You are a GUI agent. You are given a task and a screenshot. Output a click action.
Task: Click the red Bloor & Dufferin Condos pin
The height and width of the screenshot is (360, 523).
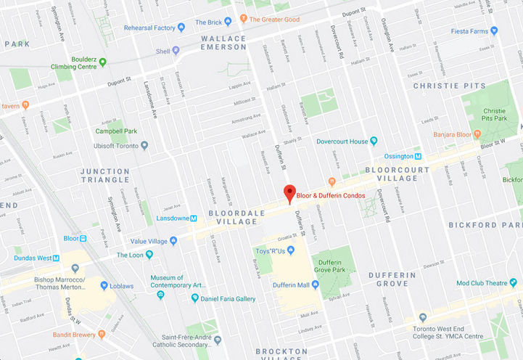[289, 193]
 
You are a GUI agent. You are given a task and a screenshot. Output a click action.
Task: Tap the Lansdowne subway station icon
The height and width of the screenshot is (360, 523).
[194, 218]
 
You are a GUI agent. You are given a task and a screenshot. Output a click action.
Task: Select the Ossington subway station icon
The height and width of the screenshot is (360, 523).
[418, 156]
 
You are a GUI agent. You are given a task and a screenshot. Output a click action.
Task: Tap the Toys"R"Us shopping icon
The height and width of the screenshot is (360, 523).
[290, 250]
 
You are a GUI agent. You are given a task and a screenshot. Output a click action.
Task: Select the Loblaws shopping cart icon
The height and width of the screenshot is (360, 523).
[104, 285]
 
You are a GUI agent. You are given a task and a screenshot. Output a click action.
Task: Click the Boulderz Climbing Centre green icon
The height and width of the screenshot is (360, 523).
[102, 62]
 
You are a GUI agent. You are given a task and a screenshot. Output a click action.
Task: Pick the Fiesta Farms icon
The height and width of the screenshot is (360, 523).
[494, 30]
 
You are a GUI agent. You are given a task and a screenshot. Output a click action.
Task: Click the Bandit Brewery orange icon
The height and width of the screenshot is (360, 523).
[47, 335]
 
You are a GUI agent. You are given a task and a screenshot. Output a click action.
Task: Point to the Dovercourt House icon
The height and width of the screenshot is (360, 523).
[374, 141]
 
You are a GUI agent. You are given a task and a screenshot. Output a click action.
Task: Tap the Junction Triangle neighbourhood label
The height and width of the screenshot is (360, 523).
[105, 175]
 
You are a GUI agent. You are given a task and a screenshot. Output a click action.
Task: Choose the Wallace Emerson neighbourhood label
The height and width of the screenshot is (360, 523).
[223, 42]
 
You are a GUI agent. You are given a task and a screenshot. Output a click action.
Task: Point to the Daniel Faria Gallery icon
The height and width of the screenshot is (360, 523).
[194, 298]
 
